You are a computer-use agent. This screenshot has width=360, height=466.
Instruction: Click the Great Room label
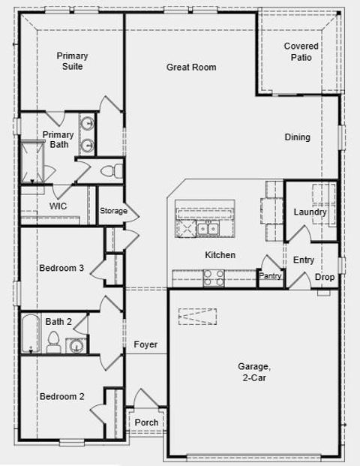[191, 68]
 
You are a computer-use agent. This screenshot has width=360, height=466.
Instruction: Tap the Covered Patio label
[301, 52]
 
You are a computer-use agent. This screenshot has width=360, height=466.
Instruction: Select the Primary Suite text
[73, 61]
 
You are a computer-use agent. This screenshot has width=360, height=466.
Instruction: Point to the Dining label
[297, 137]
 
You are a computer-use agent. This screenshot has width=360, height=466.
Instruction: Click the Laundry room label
[310, 212]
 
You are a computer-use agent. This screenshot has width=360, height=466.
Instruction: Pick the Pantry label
[270, 276]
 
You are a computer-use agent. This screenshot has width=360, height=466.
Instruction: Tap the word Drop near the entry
[325, 277]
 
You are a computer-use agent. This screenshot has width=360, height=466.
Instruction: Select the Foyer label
[145, 344]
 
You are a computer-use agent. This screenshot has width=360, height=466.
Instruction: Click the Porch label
[146, 422]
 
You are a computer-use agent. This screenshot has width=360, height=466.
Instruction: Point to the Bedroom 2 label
[61, 396]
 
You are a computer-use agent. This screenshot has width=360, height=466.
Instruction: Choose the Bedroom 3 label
[61, 268]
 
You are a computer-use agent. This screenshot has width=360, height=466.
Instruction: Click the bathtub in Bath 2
[30, 333]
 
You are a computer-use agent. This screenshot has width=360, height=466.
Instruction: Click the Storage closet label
[114, 211]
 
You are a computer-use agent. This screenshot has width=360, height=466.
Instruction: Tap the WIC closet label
[58, 206]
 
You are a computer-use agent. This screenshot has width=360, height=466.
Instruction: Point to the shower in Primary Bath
[31, 161]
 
